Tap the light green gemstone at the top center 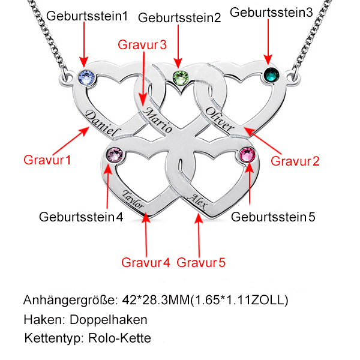point(179,77)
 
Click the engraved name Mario point(158,121)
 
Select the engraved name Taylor point(133,199)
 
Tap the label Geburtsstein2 point(179,18)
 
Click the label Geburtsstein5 point(273,216)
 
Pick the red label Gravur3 point(142,44)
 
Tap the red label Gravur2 point(296,160)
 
